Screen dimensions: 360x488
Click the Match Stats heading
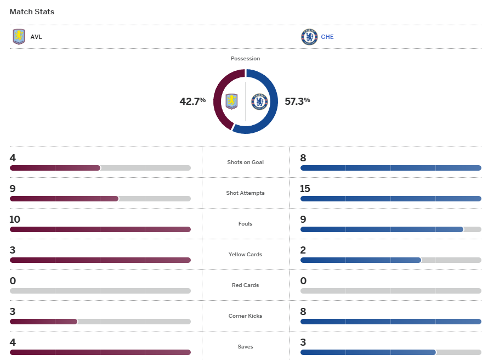[x=32, y=12]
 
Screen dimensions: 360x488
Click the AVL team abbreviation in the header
[x=36, y=37]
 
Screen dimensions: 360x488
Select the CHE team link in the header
[x=327, y=37]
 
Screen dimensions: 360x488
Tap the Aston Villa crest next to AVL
[x=19, y=37]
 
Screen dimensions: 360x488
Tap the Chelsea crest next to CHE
[x=309, y=37]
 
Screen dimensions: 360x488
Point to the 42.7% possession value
[x=192, y=101]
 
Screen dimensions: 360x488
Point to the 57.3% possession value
[x=297, y=101]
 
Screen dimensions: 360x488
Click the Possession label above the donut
[x=245, y=59]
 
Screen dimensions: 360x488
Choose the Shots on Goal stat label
[x=245, y=162]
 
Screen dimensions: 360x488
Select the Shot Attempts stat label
[x=245, y=193]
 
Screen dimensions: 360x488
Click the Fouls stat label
[x=245, y=224]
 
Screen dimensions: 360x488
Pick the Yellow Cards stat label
[x=245, y=255]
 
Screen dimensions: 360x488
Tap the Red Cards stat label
[x=245, y=285]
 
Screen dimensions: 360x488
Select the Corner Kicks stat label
[x=245, y=316]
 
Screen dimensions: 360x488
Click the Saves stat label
[x=245, y=347]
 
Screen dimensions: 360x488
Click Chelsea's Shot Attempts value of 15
[x=305, y=189]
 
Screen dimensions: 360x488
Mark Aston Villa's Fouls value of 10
[x=15, y=220]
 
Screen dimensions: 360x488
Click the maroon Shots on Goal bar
[x=55, y=168]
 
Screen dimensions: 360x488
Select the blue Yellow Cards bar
[x=360, y=260]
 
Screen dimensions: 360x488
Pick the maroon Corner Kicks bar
[x=43, y=322]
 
